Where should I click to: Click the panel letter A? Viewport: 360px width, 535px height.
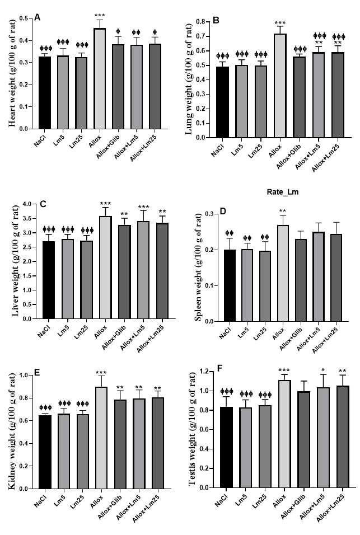pyautogui.click(x=37, y=18)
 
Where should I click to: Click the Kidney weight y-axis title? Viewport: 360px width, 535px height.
pyautogui.click(x=11, y=431)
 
